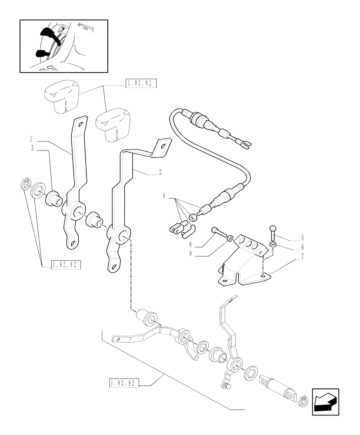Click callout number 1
32,139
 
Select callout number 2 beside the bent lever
160,172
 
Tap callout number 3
32,148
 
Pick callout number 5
290,238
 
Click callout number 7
290,256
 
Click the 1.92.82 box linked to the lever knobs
140,84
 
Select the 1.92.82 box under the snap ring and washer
67,265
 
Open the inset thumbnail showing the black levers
64,46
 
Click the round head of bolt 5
272,228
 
